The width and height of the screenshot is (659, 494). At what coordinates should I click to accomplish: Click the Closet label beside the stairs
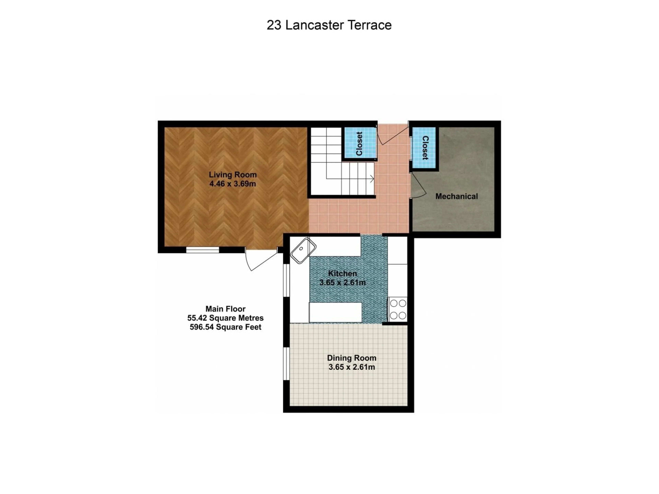(359, 144)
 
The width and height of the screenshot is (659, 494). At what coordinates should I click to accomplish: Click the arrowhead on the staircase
(372, 179)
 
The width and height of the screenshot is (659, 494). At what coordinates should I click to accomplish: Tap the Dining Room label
(351, 358)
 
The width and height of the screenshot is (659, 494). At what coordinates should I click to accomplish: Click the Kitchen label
(342, 273)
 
